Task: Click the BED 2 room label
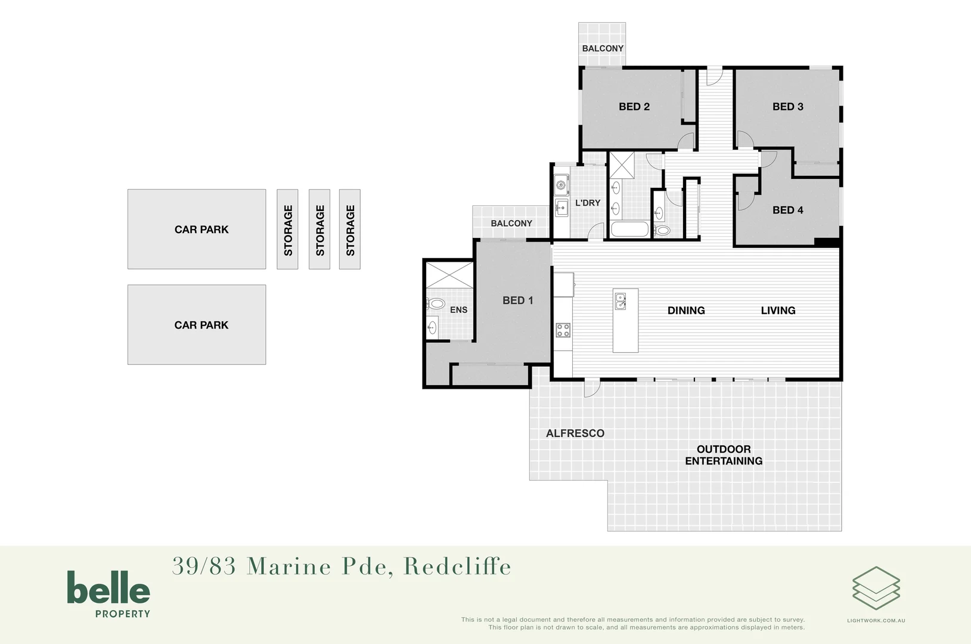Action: pos(634,107)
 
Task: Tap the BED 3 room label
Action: pos(787,107)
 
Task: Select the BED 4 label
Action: pos(787,210)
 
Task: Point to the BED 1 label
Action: pos(517,301)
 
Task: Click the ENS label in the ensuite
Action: pos(458,310)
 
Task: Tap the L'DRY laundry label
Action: pos(587,203)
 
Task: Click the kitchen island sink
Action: pos(621,301)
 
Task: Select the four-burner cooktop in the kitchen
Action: pos(563,330)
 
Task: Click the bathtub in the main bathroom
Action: pos(629,229)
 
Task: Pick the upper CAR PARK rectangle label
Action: pos(201,230)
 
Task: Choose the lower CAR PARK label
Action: pos(201,325)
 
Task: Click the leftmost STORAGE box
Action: pos(288,230)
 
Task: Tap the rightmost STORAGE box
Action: pos(350,230)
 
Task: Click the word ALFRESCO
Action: pos(575,434)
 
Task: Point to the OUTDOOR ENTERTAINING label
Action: pos(723,455)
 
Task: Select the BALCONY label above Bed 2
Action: pos(603,48)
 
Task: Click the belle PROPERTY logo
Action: pos(108,593)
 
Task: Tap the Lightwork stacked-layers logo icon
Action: pos(876,588)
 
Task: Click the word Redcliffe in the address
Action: pos(457,566)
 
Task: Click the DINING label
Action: pos(685,311)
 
